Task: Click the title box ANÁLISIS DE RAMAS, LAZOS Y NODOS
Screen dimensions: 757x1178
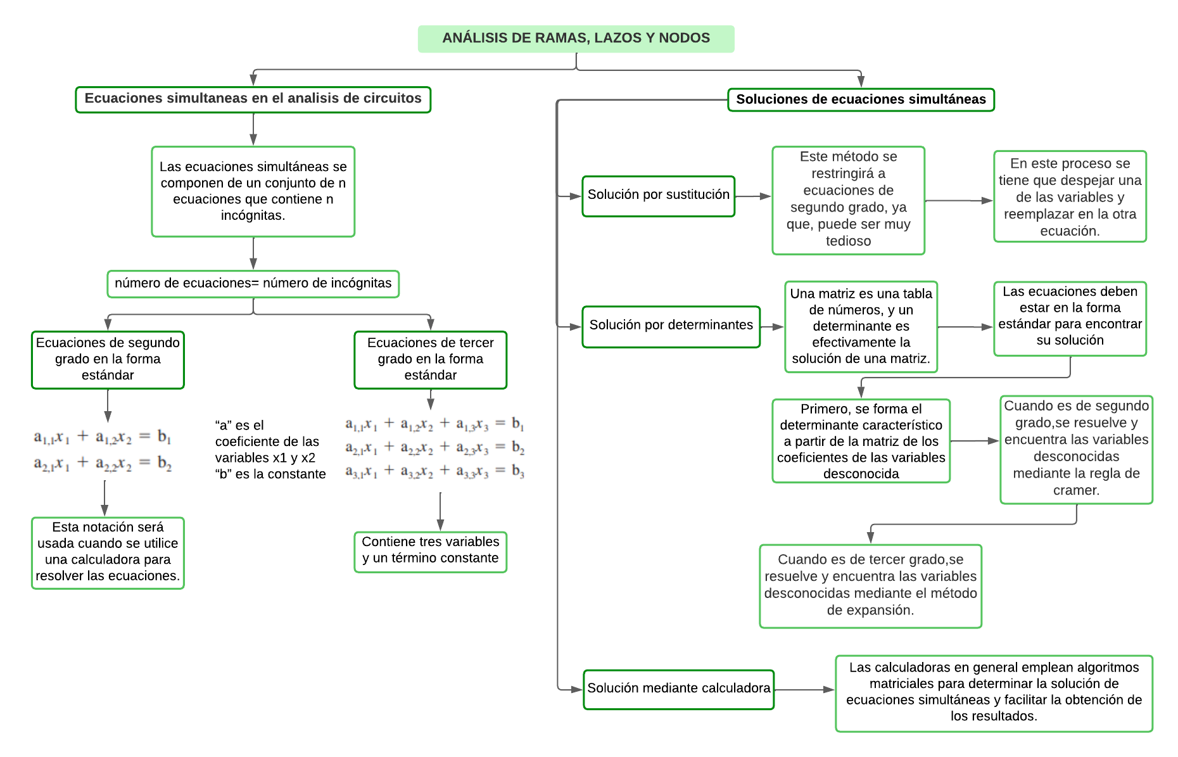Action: coord(576,39)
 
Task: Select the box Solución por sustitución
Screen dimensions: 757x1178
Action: coord(658,196)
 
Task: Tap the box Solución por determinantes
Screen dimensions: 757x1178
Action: coord(671,326)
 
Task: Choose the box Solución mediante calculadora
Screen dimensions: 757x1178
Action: coord(678,689)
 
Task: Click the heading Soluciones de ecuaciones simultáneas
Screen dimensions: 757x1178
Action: coord(861,99)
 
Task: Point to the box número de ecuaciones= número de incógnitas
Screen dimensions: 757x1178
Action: coord(253,283)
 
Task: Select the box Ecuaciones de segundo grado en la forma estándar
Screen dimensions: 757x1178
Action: coord(108,359)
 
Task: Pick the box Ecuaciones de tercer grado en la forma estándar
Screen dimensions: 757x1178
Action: coord(430,359)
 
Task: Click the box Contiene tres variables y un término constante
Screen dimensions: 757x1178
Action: coord(430,551)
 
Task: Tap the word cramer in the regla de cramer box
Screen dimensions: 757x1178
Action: coord(1076,490)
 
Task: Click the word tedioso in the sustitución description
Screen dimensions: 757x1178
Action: coord(848,241)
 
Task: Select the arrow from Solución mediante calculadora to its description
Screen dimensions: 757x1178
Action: coord(804,689)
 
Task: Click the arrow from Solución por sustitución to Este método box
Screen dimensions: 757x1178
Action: coord(753,196)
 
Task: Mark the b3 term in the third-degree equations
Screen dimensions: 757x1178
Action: coord(518,471)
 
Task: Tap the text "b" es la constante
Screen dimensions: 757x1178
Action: coord(270,474)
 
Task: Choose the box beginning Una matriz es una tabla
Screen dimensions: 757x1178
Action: coord(861,326)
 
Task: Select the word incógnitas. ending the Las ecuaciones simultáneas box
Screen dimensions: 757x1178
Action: coord(253,216)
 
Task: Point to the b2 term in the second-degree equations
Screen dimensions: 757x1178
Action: coord(165,464)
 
